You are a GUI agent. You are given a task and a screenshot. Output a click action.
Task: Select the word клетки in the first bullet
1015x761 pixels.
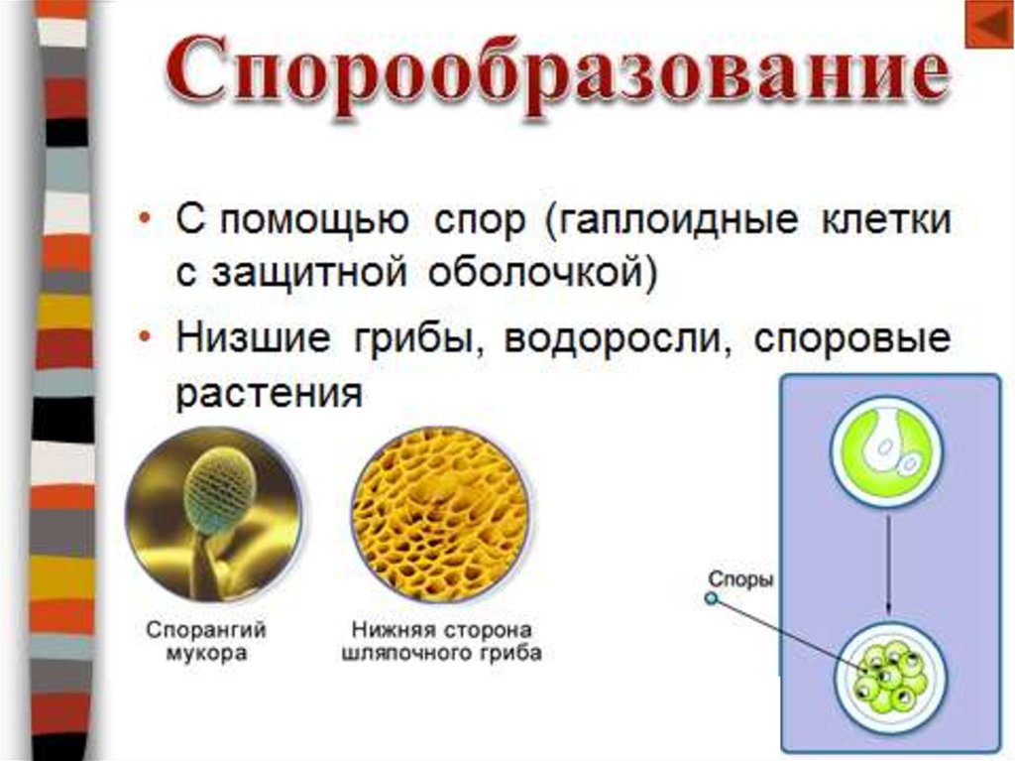pos(886,219)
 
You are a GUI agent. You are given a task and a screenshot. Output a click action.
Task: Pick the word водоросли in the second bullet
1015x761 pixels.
pos(611,339)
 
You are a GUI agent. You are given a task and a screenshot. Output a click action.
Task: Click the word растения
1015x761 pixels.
pos(269,393)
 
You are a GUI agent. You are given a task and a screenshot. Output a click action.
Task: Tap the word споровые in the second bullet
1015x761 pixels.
pos(851,340)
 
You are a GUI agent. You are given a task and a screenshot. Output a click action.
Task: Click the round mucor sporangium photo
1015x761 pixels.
pos(214,515)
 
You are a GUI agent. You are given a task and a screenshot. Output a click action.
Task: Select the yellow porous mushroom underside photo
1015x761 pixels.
pos(440,515)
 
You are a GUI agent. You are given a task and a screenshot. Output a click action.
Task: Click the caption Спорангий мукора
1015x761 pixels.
pos(206,640)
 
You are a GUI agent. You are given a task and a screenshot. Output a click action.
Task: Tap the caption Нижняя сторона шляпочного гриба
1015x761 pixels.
pos(441,640)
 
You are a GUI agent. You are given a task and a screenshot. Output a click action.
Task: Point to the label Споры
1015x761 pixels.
pos(740,579)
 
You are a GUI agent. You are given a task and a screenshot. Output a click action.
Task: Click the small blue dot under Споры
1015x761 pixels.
pos(712,598)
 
